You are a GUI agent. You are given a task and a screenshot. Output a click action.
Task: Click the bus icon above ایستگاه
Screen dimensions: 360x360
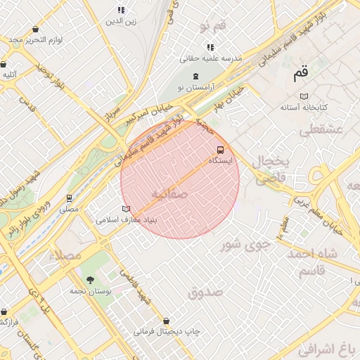pyautogui.click(x=221, y=150)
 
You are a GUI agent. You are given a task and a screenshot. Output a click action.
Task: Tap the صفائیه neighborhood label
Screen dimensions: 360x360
pyautogui.click(x=169, y=193)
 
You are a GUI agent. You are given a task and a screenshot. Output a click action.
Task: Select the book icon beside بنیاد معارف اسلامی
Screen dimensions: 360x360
pyautogui.click(x=127, y=209)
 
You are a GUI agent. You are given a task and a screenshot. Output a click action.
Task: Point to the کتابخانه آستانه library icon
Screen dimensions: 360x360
pyautogui.click(x=304, y=96)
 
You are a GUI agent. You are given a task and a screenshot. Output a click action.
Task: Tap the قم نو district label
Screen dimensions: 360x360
pyautogui.click(x=213, y=26)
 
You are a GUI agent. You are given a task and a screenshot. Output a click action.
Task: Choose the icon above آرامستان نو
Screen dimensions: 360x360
pyautogui.click(x=195, y=76)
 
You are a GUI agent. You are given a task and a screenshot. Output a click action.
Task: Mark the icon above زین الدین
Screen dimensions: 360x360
pyautogui.click(x=121, y=11)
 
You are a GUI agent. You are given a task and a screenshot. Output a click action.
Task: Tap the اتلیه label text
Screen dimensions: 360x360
pyautogui.click(x=10, y=74)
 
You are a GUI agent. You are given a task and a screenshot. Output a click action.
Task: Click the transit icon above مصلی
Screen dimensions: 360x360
pyautogui.click(x=69, y=198)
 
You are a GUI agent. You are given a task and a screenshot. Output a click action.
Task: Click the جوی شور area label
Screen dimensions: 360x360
pyautogui.click(x=245, y=245)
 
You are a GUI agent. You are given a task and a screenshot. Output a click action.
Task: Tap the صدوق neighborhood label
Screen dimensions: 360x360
pyautogui.click(x=205, y=291)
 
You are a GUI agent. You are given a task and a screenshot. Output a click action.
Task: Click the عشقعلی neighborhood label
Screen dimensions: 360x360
pyautogui.click(x=320, y=129)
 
